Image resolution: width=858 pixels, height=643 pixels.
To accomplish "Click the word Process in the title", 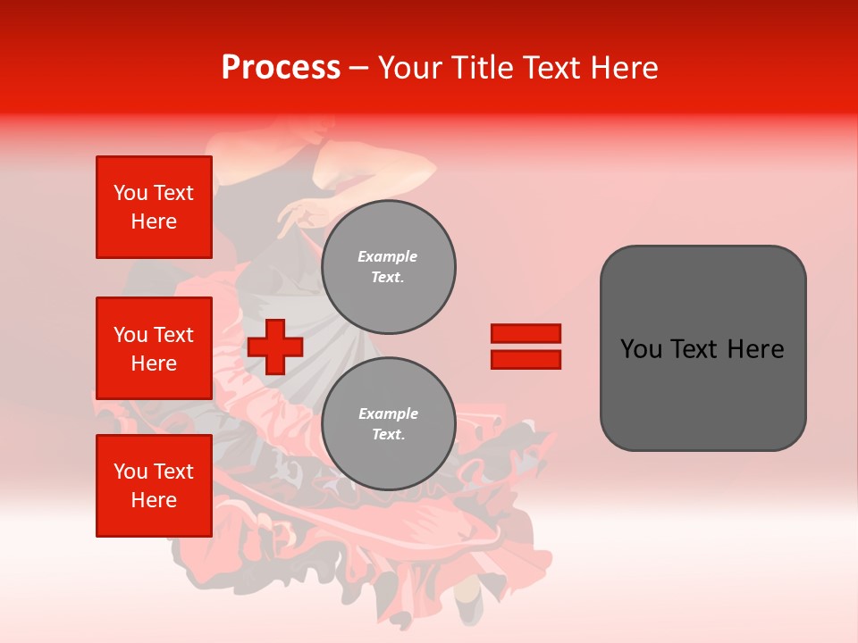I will [281, 68].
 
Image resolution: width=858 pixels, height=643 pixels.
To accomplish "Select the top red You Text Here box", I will [154, 207].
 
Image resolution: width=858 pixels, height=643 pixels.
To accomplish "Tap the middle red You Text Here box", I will [154, 348].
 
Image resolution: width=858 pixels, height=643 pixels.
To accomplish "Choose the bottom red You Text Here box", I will [154, 486].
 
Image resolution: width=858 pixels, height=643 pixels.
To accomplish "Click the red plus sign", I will [275, 347].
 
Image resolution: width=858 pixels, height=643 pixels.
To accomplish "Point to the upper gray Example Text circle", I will [388, 267].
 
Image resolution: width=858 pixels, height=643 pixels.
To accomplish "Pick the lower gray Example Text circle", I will [388, 424].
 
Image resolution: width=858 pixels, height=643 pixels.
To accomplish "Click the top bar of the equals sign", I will [526, 334].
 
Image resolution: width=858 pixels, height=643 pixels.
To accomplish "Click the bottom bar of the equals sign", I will [526, 359].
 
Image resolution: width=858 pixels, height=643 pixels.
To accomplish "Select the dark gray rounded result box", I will [702, 348].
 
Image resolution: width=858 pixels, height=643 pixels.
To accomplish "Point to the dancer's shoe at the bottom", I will [467, 607].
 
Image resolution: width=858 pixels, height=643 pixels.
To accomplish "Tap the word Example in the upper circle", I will [388, 256].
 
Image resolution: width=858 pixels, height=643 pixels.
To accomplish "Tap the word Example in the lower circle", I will [388, 413].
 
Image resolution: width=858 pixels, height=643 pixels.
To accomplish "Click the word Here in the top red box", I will [154, 221].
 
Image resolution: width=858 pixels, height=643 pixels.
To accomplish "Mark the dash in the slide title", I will [359, 68].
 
